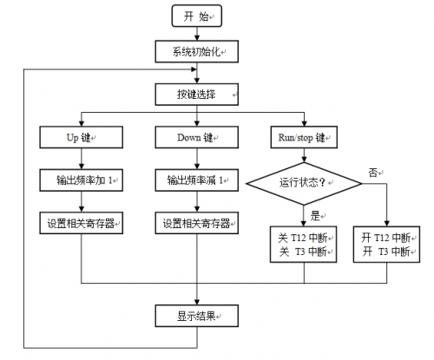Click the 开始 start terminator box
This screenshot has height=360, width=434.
(196, 16)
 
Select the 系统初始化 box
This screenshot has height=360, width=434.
(196, 52)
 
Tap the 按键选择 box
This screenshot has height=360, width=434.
(196, 94)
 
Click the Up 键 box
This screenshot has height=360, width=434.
(82, 137)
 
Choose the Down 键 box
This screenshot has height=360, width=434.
(196, 137)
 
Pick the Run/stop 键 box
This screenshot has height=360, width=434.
(304, 137)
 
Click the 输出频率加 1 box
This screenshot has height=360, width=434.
(82, 180)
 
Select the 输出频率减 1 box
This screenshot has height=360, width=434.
(196, 180)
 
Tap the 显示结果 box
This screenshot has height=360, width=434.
(196, 314)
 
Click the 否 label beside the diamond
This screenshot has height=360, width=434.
(374, 173)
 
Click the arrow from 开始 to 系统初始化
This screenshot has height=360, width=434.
(196, 35)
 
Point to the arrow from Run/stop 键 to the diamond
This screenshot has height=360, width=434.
(304, 155)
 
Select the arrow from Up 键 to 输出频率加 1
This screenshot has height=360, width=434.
(82, 159)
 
